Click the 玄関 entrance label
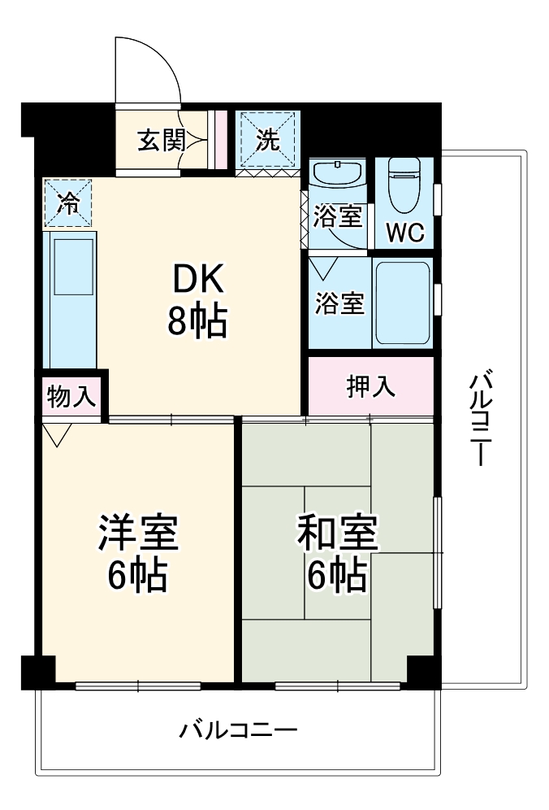point(161,141)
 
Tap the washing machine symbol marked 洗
point(269,140)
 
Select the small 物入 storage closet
point(72,397)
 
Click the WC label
point(404,233)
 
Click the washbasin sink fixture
point(337,174)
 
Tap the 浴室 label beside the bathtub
point(339,303)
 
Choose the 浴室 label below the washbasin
point(339,217)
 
